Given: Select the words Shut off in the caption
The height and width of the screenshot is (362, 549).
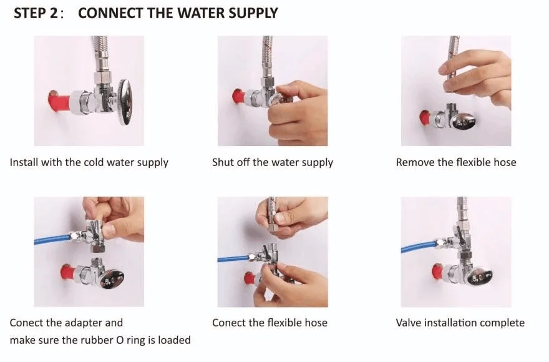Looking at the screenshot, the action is (231, 162).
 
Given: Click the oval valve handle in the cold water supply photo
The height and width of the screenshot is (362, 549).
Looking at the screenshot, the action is (125, 102).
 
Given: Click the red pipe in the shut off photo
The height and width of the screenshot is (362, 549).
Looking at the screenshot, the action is (239, 97).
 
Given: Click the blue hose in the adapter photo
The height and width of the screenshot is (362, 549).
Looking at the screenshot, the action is (52, 240).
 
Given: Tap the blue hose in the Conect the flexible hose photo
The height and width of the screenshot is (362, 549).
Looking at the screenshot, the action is (233, 259).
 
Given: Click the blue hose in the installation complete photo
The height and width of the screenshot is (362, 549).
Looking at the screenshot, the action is (419, 247).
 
